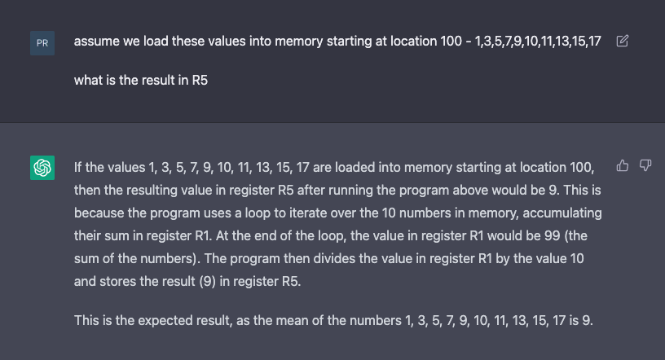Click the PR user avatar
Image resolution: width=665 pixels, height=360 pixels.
coord(42,43)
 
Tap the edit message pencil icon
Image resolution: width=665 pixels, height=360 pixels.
coord(622,41)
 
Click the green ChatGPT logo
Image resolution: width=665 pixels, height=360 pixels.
coord(42,168)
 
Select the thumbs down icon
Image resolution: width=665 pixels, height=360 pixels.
coord(645,165)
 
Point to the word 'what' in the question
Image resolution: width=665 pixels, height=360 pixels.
coord(89,80)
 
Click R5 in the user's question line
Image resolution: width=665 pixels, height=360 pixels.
coord(200,80)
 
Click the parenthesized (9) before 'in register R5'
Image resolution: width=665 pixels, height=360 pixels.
coord(207,282)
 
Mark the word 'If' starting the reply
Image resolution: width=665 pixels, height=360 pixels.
coord(77,167)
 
